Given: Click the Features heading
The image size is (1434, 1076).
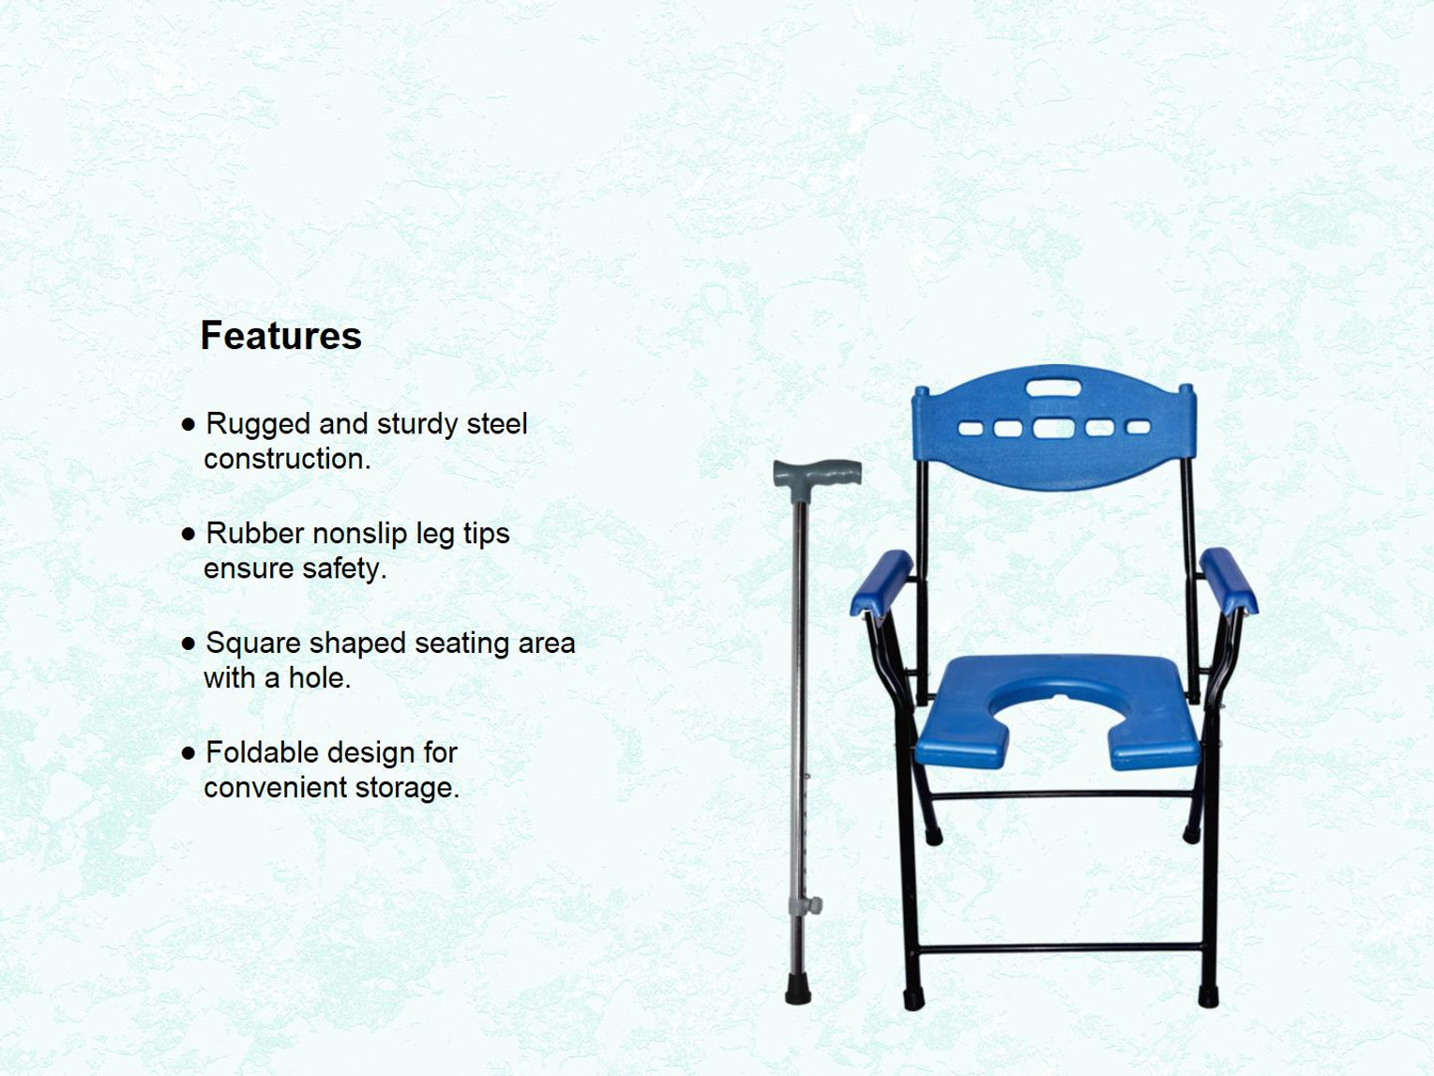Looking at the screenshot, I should tap(280, 336).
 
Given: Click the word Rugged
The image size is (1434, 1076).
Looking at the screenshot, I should tap(258, 424).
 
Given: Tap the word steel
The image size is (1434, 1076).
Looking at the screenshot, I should tap(497, 424).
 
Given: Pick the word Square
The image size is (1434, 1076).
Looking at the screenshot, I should tap(252, 644).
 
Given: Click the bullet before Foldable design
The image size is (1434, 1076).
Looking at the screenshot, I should tap(189, 752).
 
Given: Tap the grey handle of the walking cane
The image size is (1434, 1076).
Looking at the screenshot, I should tap(817, 472).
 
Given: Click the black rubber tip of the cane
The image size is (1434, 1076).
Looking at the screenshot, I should tap(798, 990).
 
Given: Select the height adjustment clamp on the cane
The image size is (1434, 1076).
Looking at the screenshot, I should tap(806, 905).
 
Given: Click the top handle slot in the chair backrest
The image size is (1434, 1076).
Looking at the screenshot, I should tap(1053, 387).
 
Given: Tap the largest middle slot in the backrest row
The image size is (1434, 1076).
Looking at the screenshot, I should tap(1053, 429).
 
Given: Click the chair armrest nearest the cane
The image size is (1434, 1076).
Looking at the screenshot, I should tap(882, 582).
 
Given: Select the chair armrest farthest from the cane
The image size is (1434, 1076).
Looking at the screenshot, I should tap(1228, 580).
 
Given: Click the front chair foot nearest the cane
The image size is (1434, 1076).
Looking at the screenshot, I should tap(913, 999).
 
